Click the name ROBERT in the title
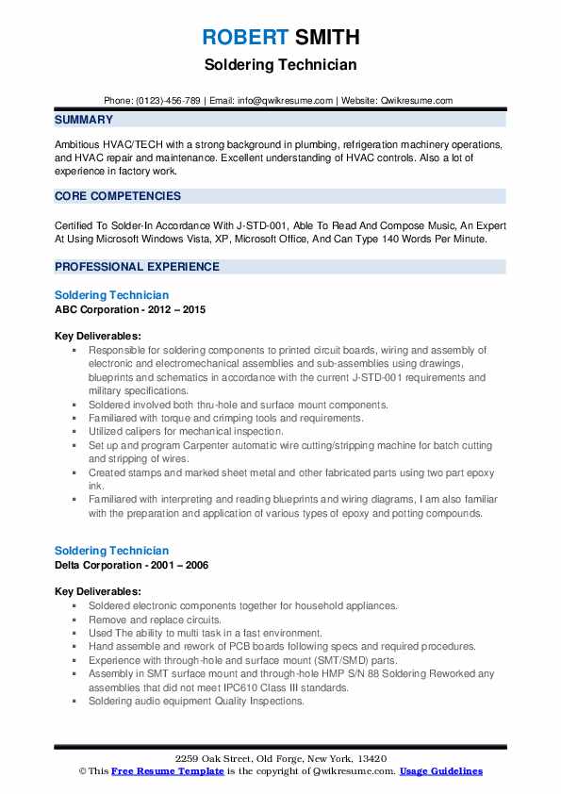point(243,38)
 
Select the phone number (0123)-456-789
point(166,101)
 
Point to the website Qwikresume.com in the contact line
point(419,101)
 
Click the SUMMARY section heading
point(84,120)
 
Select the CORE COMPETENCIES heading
point(118,196)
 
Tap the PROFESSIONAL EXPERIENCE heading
point(137,267)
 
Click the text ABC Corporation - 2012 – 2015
point(130,309)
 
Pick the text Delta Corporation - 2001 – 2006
point(131,565)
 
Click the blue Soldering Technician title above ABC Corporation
point(112,295)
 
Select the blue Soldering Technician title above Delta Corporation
point(112,551)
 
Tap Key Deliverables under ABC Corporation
point(98,336)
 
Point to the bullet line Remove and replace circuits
point(155,620)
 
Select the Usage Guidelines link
point(440,771)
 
